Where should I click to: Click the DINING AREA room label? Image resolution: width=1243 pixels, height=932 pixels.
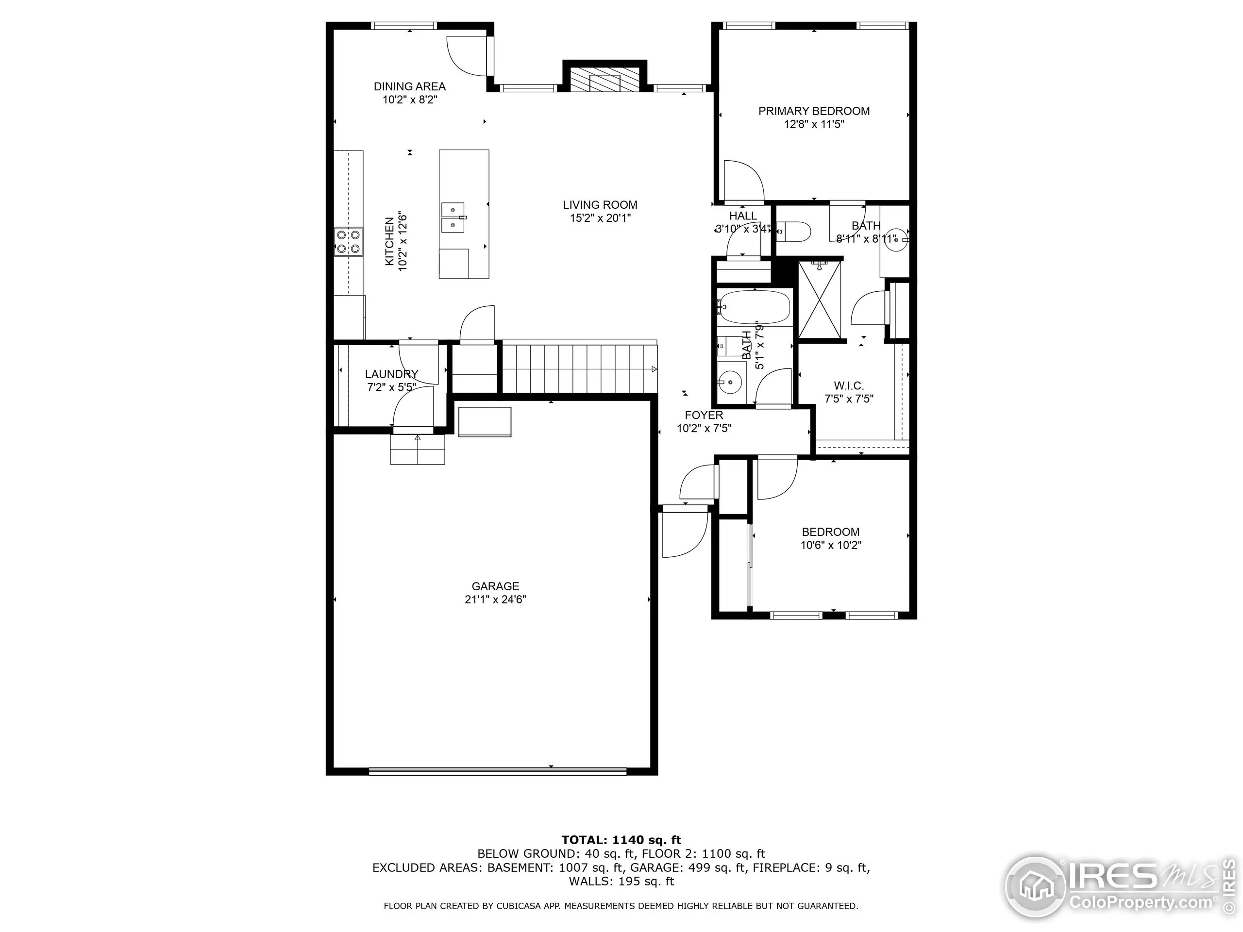click(410, 86)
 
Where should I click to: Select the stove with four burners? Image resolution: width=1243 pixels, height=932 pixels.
click(349, 242)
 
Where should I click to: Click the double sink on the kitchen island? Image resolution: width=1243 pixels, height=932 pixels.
click(453, 217)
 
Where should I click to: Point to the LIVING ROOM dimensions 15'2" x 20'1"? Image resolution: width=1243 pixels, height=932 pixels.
click(600, 218)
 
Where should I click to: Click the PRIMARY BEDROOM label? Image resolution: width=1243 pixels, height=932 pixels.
click(814, 111)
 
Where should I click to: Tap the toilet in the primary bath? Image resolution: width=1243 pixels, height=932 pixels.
click(796, 232)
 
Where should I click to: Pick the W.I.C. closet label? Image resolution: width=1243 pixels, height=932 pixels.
click(849, 386)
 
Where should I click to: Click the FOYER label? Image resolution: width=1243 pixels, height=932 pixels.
click(704, 415)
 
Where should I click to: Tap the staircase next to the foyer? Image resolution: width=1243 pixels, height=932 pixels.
click(579, 368)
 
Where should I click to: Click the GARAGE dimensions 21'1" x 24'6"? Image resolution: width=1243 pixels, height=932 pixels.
click(495, 599)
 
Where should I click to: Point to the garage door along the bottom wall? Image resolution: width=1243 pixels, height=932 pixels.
click(497, 772)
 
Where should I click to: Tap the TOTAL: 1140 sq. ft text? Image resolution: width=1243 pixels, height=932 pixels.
click(621, 840)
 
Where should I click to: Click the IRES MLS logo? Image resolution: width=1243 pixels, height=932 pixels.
click(1118, 888)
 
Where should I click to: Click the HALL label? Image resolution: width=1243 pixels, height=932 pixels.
click(743, 216)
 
